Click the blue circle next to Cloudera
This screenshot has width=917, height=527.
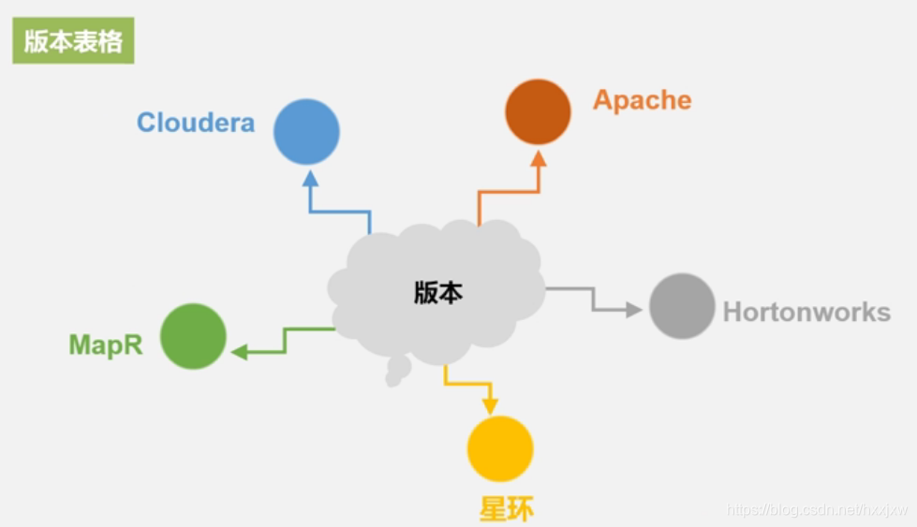tap(306, 132)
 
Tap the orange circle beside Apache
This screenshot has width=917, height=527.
tap(538, 112)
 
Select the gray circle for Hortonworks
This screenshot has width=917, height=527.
tap(682, 306)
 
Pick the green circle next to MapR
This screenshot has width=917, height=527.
tap(193, 336)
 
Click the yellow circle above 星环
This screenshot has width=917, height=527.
tap(500, 448)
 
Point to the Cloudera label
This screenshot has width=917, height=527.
tap(196, 123)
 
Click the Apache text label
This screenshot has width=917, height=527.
tap(642, 100)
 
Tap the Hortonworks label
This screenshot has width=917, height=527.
tap(806, 312)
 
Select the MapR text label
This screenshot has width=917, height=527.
tap(106, 344)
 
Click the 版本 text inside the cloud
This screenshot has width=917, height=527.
tap(438, 293)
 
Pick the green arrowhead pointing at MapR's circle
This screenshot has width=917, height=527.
tap(240, 352)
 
